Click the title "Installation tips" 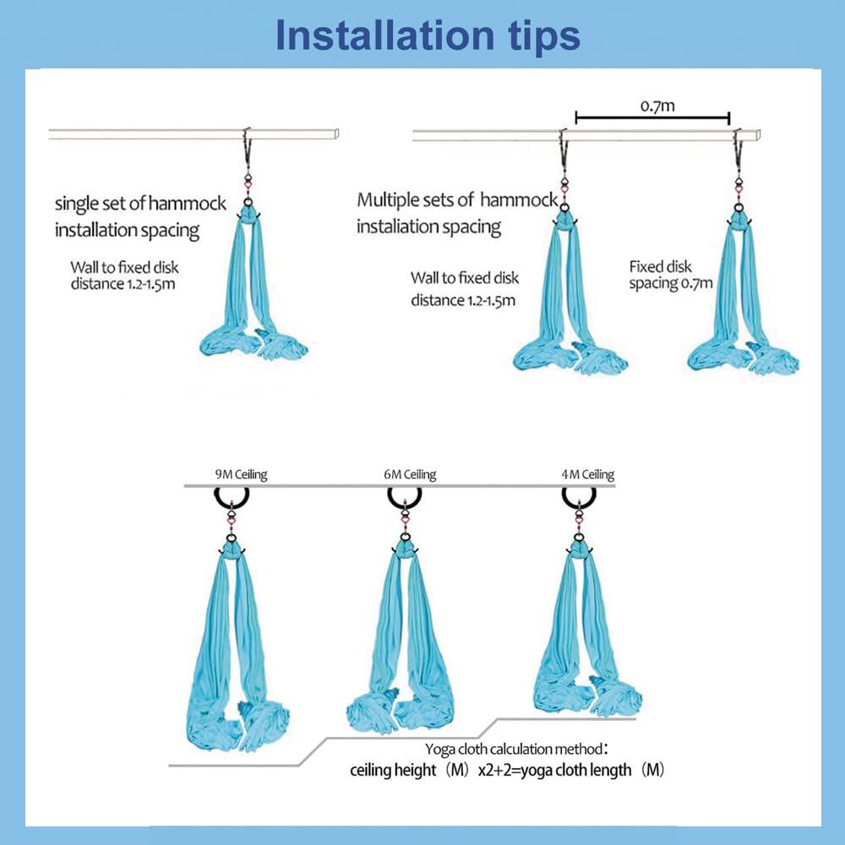pos(428,35)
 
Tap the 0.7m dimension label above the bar pos(657,106)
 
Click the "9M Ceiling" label pos(241,474)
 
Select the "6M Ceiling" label pos(410,474)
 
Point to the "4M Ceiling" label pos(587,474)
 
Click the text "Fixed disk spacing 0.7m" pos(670,275)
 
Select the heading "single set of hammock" pos(140,203)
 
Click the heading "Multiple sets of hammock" pos(457,200)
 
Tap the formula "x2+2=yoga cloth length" pos(554,770)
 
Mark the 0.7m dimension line pos(652,117)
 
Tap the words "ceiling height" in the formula pos(393,770)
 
